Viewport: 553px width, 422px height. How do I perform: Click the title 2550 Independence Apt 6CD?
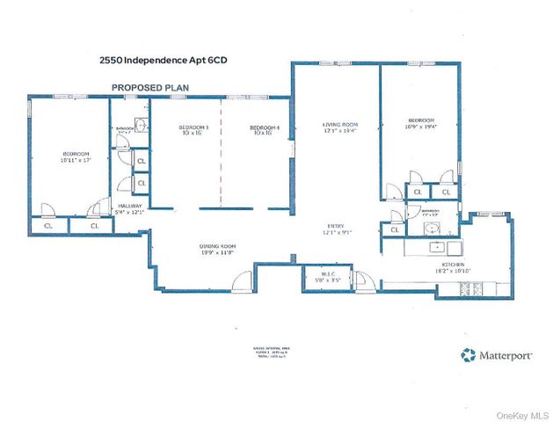pos(156,62)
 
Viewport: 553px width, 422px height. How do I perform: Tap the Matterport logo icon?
pos(468,355)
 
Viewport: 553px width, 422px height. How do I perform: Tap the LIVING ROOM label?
pos(338,125)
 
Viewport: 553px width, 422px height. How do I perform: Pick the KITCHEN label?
pos(453,264)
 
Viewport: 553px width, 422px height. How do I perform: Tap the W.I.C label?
pos(324,273)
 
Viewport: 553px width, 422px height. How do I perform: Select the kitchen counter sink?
pos(436,247)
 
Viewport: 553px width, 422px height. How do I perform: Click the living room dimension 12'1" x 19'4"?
pos(338,131)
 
